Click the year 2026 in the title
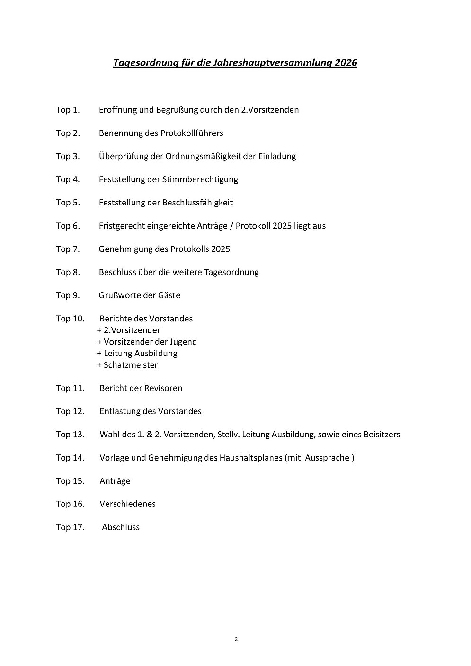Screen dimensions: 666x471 tap(346, 62)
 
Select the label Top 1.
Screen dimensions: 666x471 tap(68, 110)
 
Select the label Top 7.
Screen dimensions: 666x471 tap(68, 249)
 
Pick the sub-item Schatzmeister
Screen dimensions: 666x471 tap(131, 365)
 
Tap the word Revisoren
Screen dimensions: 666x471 tap(164, 388)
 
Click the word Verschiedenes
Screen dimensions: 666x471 tap(127, 504)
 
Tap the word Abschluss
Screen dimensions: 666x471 tap(121, 527)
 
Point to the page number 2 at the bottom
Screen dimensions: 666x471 tap(236, 639)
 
